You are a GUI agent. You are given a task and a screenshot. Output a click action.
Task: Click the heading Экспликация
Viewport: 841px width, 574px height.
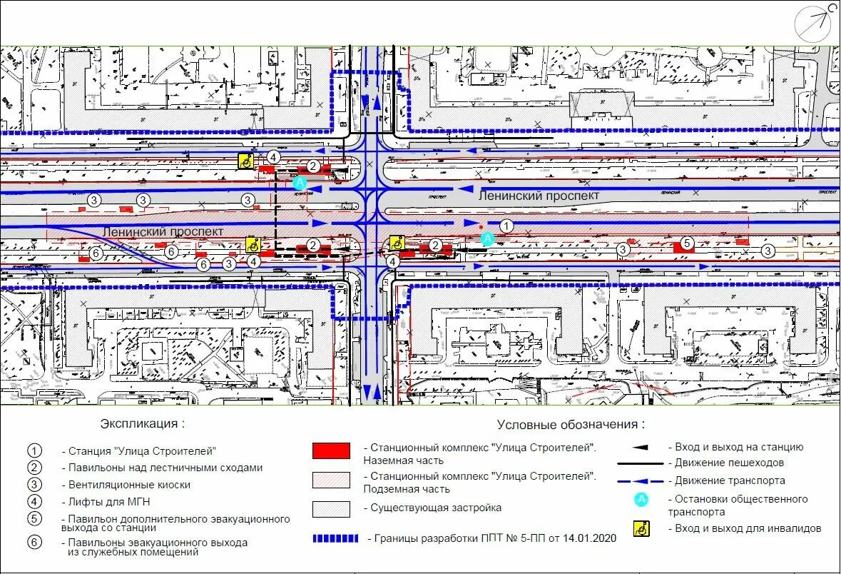(x=142, y=423)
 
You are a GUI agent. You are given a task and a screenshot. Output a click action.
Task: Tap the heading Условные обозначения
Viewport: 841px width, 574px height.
(x=571, y=424)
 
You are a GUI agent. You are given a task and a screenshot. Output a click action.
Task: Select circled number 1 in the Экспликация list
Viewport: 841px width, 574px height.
(x=35, y=451)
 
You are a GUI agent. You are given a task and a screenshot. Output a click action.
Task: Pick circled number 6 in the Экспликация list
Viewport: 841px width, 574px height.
(x=35, y=542)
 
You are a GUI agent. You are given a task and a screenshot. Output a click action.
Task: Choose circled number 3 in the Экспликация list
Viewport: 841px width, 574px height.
(x=35, y=485)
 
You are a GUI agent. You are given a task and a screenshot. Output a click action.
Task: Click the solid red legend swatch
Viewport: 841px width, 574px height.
(x=331, y=450)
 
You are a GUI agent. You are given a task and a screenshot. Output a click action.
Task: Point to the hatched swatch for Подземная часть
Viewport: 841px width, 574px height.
(x=331, y=479)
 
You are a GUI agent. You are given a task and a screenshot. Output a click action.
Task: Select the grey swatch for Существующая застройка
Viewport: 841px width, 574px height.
(x=331, y=508)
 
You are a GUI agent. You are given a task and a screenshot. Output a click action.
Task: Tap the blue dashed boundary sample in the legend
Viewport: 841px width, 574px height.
(x=335, y=538)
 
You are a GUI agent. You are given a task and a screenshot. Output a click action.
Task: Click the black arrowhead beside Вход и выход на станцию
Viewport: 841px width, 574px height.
(x=641, y=448)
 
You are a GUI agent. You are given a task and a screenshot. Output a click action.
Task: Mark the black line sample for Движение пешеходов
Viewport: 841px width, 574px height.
(x=641, y=463)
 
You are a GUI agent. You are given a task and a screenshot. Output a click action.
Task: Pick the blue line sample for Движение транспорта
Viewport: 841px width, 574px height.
(x=641, y=481)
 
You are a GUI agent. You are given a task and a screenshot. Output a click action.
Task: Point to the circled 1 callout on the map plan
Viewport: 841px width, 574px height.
(x=506, y=226)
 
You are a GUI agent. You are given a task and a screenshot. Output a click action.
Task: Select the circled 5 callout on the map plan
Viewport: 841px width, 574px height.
(x=686, y=243)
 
